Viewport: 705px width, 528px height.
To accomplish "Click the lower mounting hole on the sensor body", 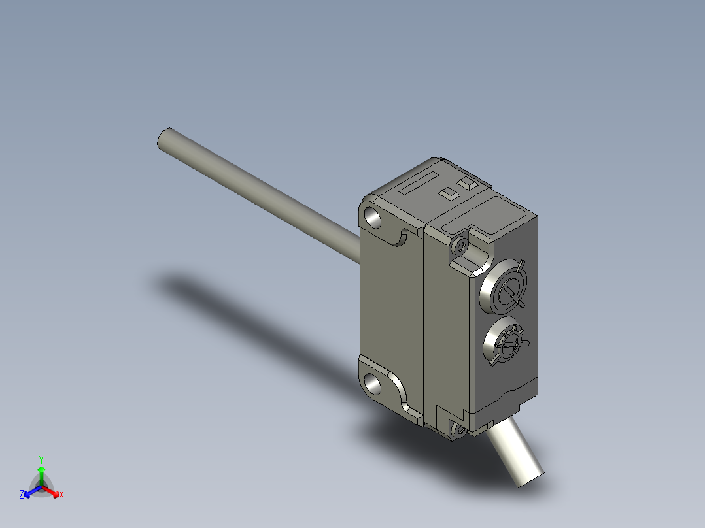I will click(x=375, y=383).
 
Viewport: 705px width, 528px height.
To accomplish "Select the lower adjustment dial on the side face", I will click(x=506, y=341).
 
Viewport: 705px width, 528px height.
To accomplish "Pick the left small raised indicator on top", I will click(x=449, y=193).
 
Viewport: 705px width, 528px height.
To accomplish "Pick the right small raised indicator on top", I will click(x=466, y=184).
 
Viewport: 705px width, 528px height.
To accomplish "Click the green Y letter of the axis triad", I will click(x=41, y=459).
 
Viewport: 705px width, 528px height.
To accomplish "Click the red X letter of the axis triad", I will click(x=61, y=495).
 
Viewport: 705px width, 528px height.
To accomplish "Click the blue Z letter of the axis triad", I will click(x=22, y=495).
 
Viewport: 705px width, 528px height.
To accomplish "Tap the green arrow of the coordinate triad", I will click(x=41, y=472).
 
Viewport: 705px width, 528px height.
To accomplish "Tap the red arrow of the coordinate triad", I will click(x=53, y=491).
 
